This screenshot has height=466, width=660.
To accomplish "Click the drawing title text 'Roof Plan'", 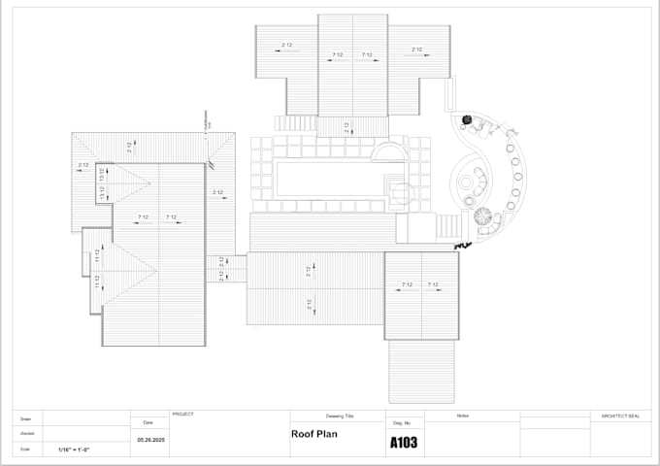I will tap(313, 435).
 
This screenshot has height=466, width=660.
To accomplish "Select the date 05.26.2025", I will tap(148, 440).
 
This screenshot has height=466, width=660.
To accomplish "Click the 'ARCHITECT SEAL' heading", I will tap(620, 416).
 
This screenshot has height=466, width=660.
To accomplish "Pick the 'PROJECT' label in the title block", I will tap(182, 415).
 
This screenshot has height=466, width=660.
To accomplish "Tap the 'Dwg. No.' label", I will tap(402, 423).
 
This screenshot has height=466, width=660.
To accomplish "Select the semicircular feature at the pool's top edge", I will tap(389, 152).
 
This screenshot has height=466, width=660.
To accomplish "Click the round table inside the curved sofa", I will tap(478, 182).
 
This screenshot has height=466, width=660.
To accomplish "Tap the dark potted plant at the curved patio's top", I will tap(467, 119).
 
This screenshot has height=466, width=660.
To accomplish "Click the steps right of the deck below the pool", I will tap(447, 227).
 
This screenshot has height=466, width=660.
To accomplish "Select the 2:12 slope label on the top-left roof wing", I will tap(287, 47).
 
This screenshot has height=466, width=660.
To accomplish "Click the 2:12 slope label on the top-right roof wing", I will tap(417, 49).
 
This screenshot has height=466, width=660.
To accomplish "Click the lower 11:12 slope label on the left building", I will tap(96, 282).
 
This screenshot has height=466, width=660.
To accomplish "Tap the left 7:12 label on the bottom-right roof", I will tap(409, 284).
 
